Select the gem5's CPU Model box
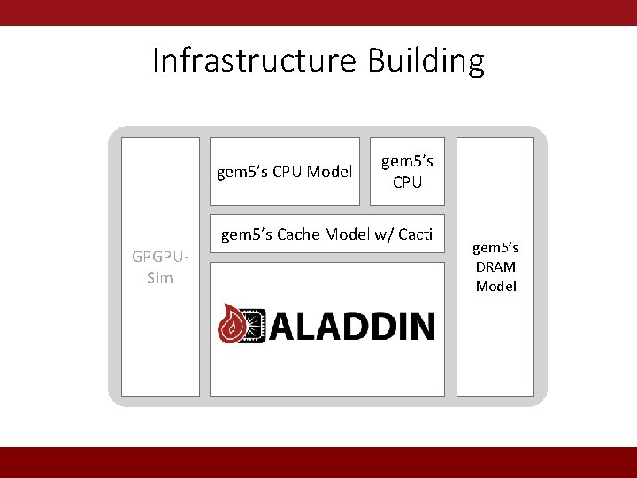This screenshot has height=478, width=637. [284, 172]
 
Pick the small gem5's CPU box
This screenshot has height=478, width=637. [407, 172]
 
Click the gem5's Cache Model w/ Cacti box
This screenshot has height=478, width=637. [326, 235]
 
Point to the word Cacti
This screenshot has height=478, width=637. [415, 235]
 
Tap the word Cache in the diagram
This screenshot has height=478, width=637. [298, 235]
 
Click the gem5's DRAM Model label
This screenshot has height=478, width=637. [495, 266]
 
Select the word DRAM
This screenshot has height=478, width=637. [495, 266]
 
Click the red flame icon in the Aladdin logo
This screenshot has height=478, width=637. [234, 324]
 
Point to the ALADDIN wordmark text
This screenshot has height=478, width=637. [351, 326]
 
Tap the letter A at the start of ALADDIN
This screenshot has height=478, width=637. [285, 326]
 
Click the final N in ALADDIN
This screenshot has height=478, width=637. [419, 326]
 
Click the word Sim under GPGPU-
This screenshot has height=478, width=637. [160, 278]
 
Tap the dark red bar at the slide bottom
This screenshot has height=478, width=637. [318, 462]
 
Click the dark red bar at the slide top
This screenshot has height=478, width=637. [318, 12]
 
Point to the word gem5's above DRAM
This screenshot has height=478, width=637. [495, 248]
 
